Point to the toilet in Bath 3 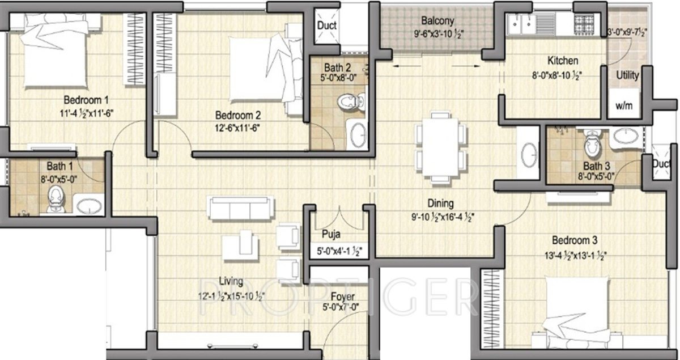tap(592, 145)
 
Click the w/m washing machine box tap(623, 106)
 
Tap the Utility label tap(627, 75)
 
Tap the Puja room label tap(331, 235)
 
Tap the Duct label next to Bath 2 tap(326, 25)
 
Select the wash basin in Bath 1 tap(88, 205)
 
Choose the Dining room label tap(440, 204)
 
